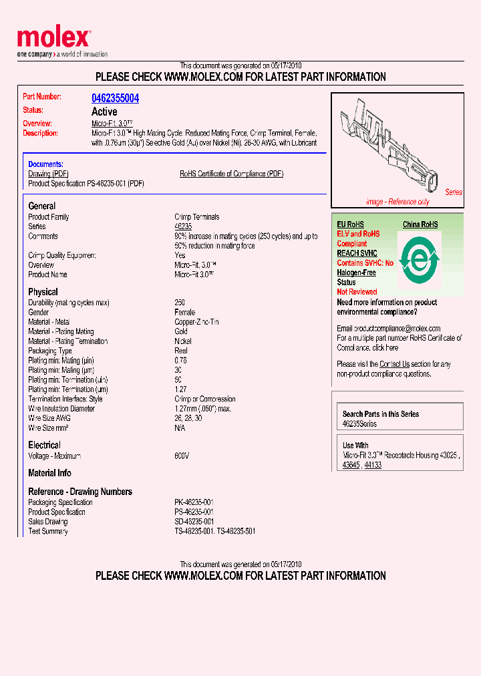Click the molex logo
pyautogui.click(x=53, y=39)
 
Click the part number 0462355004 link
pyautogui.click(x=115, y=98)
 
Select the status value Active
pyautogui.click(x=104, y=112)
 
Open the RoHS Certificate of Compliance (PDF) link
pyautogui.click(x=231, y=174)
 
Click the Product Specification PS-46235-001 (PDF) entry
pyautogui.click(x=86, y=183)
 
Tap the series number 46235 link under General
pyautogui.click(x=183, y=226)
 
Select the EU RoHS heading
pyautogui.click(x=350, y=224)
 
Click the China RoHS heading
pyautogui.click(x=420, y=224)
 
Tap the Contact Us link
pyautogui.click(x=393, y=364)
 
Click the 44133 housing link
pyautogui.click(x=373, y=465)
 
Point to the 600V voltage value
pyautogui.click(x=182, y=456)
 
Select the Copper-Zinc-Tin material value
pyautogui.click(x=196, y=322)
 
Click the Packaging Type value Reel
pyautogui.click(x=181, y=351)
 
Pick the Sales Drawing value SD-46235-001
pyautogui.click(x=194, y=522)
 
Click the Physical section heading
pyautogui.click(x=43, y=292)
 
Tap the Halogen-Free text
pyautogui.click(x=356, y=273)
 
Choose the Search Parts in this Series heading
pyautogui.click(x=381, y=414)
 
